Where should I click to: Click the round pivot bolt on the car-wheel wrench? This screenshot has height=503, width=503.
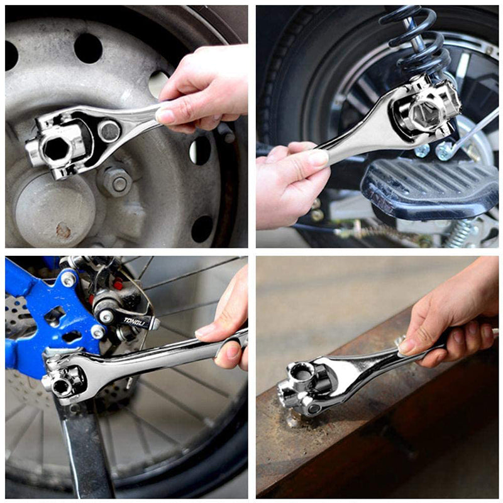(x=109, y=131)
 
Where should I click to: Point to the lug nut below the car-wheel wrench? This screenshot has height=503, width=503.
(x=118, y=183)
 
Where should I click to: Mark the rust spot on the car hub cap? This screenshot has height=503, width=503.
(x=64, y=231)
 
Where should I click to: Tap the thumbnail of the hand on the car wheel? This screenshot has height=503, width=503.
(x=166, y=116)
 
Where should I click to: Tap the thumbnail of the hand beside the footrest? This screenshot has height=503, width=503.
(x=318, y=158)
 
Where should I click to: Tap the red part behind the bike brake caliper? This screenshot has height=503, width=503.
(x=117, y=285)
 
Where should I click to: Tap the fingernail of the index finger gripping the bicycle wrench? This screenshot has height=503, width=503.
(x=205, y=331)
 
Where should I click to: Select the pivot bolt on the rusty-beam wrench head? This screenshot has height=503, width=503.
(x=314, y=408)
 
